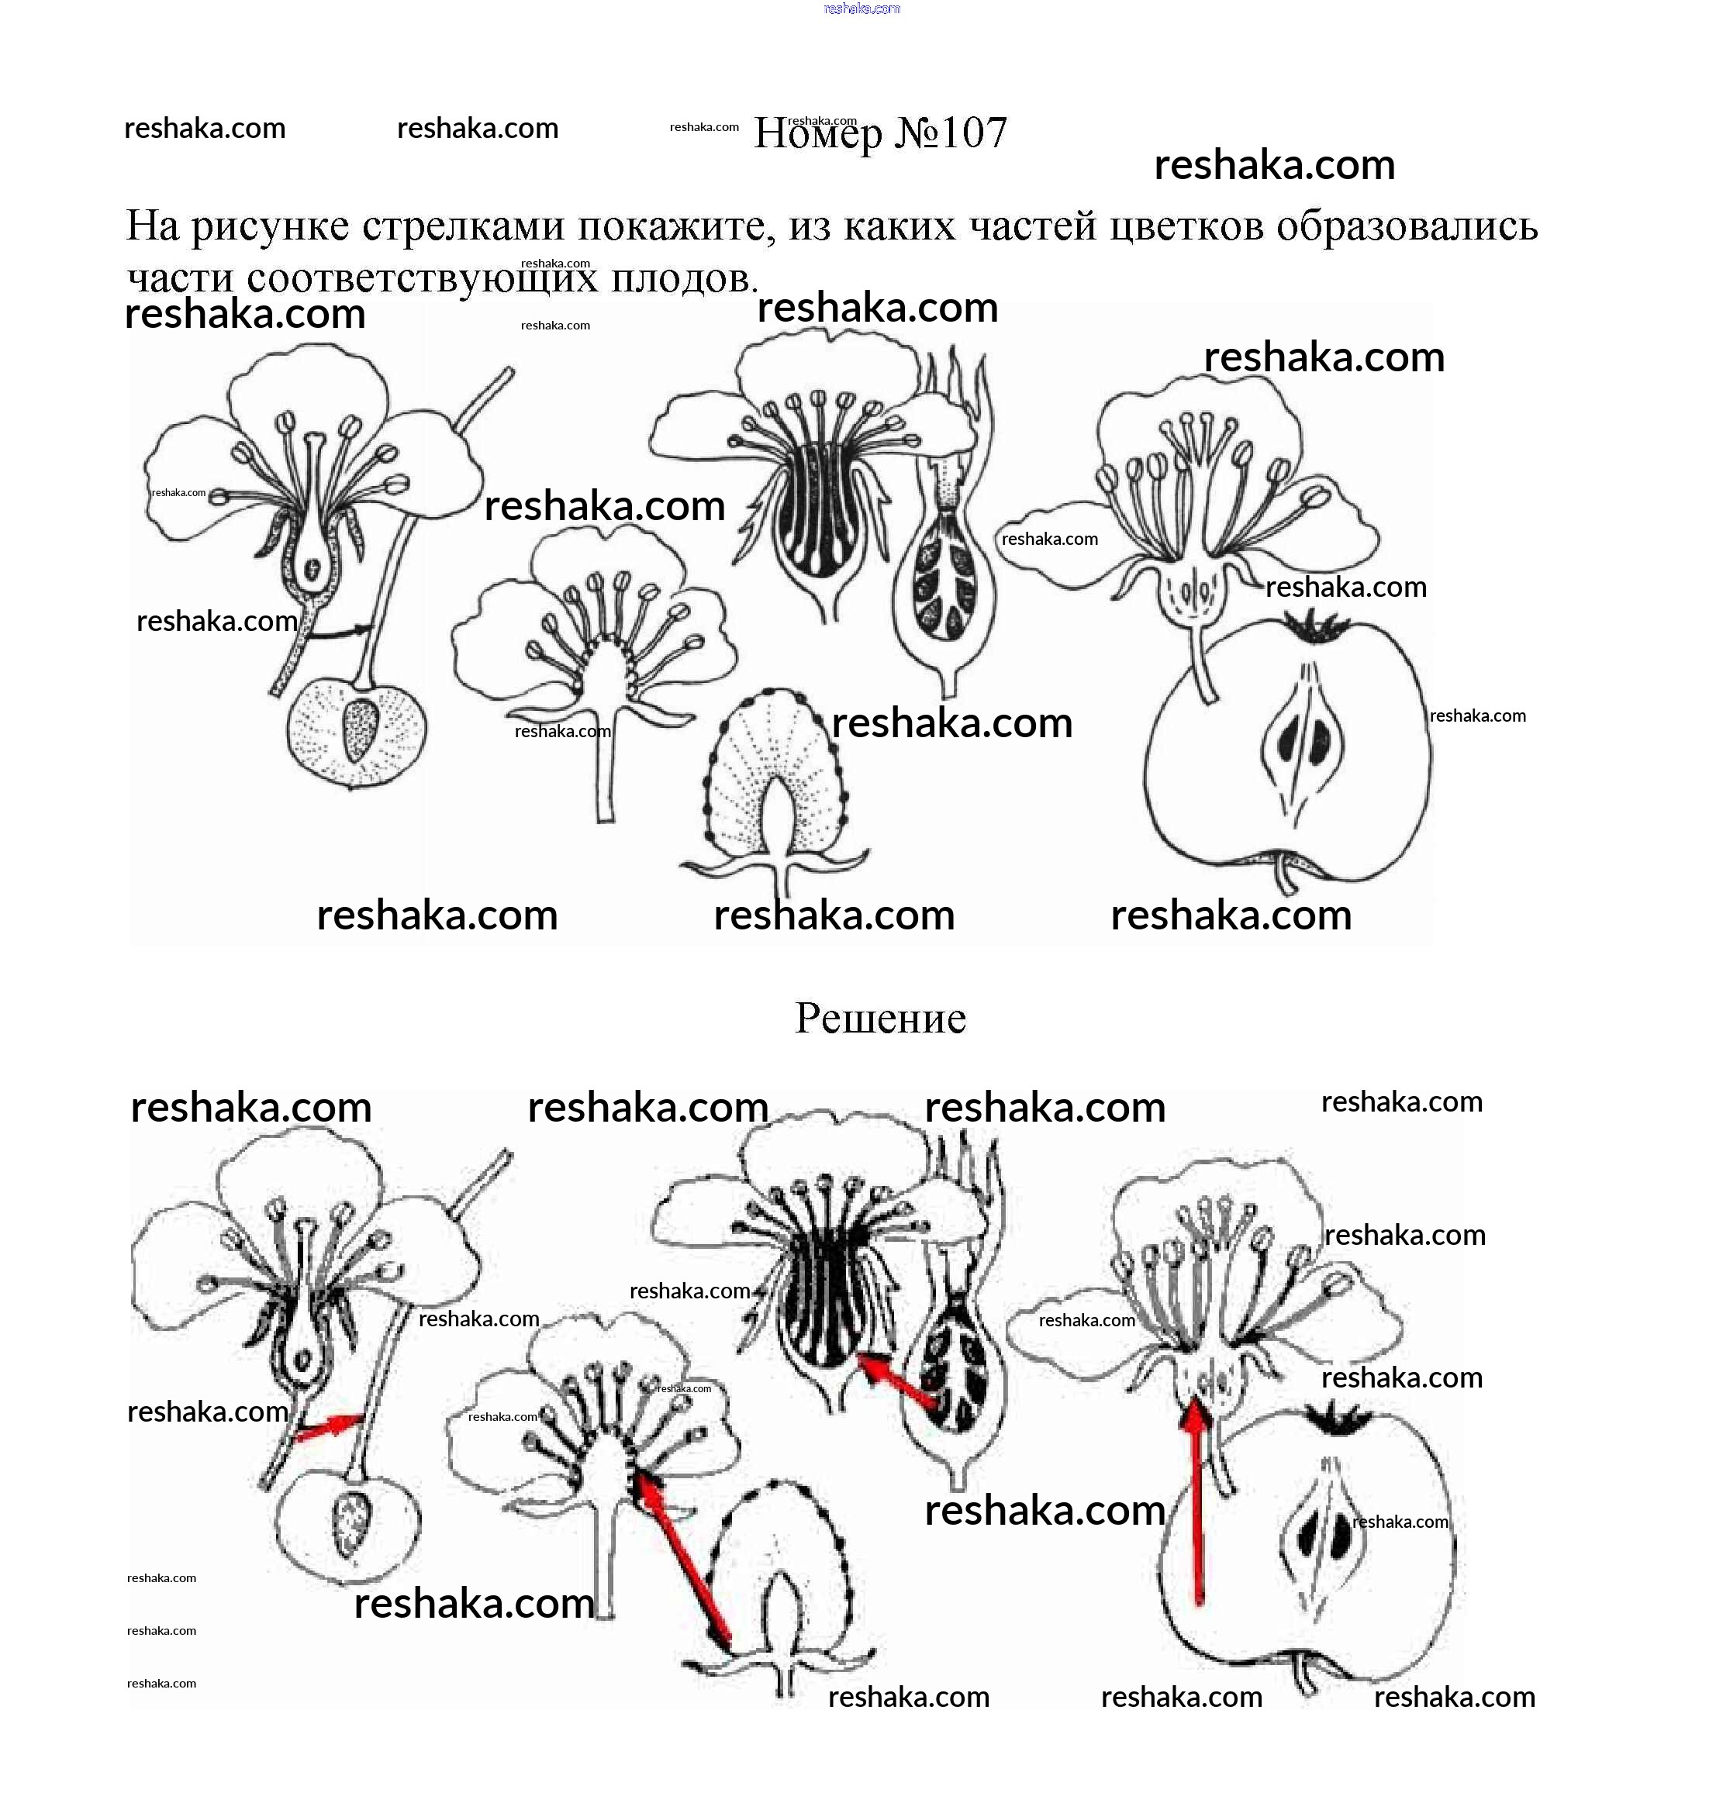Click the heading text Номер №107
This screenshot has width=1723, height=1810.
click(x=880, y=134)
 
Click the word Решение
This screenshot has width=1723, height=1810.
click(x=880, y=1019)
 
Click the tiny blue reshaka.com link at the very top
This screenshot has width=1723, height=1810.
click(x=861, y=9)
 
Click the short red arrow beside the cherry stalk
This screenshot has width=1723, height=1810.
click(x=328, y=1424)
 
